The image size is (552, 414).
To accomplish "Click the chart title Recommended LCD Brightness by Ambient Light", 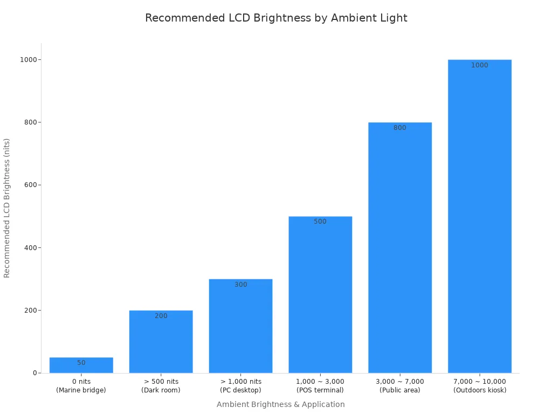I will click(x=276, y=18).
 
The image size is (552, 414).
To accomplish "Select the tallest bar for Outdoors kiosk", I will click(x=480, y=216).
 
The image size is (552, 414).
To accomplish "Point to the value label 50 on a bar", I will click(x=81, y=363).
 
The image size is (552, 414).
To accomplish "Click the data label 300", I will click(x=241, y=285).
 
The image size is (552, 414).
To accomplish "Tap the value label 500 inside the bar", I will click(x=320, y=222).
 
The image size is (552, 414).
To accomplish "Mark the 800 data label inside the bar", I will click(x=400, y=128).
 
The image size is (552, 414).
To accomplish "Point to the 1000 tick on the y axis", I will click(x=29, y=59).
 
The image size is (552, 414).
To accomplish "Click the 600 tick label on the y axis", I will click(x=31, y=185).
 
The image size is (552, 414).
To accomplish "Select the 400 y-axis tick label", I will click(x=31, y=247).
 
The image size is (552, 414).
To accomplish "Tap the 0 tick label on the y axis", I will click(x=35, y=373).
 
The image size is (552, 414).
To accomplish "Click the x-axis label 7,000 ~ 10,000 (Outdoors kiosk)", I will click(x=480, y=386).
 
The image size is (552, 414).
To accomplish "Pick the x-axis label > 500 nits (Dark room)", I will click(x=161, y=386).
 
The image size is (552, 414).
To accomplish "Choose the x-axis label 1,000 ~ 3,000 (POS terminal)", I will click(x=320, y=386).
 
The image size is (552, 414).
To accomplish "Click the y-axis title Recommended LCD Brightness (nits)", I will click(x=7, y=208).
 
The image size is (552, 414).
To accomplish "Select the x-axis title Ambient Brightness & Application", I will click(x=280, y=404).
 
